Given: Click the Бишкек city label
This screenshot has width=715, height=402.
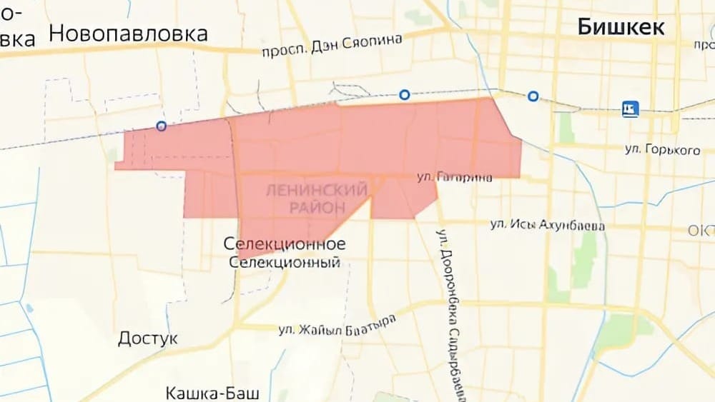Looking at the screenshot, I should pos(621,27).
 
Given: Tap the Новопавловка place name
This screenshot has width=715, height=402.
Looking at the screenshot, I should pos(129,33).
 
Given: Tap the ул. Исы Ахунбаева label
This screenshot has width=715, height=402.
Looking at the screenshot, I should pos(548,226).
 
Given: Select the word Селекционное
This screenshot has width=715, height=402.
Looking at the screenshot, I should pos(285,244).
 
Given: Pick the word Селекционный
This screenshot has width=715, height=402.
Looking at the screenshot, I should pos(285,262).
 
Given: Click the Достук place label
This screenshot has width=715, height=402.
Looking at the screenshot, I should pos(148,338).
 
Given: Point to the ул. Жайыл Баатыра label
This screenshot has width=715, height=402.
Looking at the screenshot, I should pos(337,326).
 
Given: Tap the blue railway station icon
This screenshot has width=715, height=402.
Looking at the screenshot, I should pos(630,109).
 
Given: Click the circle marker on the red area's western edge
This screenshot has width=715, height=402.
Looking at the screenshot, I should pos(162,126).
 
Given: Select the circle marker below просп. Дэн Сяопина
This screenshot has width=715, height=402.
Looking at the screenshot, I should pos(405,94).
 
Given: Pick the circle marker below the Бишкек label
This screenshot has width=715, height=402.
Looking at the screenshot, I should pos(533,96).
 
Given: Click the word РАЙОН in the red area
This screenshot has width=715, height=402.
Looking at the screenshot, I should pos(316,206).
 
